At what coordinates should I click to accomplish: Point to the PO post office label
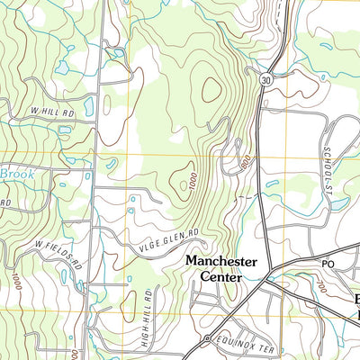coord(328,264)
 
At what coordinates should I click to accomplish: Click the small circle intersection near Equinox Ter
coord(207,338)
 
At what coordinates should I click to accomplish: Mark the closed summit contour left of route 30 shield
coord(212,89)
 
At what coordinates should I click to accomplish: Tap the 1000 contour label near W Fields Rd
coord(16,282)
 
